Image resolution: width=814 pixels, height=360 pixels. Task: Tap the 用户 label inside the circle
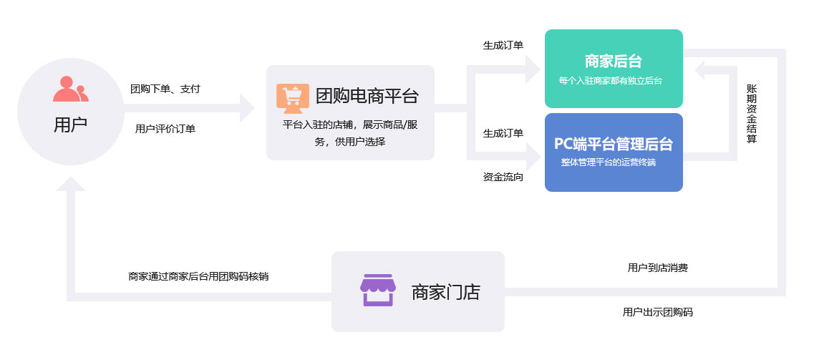pos(70,125)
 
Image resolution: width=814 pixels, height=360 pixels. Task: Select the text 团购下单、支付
pos(165,89)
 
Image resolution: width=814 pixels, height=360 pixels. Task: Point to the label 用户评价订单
pos(165,129)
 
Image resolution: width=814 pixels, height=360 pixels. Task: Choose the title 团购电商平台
pos(367,97)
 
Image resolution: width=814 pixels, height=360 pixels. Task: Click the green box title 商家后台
pos(613,61)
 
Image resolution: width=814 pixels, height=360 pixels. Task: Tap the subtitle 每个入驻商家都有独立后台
pos(610,81)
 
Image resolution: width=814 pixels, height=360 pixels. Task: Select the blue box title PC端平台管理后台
pos(613,144)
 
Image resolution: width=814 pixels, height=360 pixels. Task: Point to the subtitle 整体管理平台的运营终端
pos(608,162)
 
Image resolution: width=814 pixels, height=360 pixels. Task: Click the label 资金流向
pos(503,177)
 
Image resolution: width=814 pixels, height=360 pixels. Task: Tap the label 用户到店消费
pos(657,268)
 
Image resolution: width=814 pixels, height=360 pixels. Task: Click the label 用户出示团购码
pos(657,312)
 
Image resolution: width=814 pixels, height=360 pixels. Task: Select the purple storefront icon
pos(377,290)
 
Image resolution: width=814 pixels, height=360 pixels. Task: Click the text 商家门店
pos(445,292)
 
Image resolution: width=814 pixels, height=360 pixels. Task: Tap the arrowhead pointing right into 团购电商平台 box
pos(246,109)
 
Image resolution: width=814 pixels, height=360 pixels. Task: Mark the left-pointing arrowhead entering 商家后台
pos(702,69)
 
